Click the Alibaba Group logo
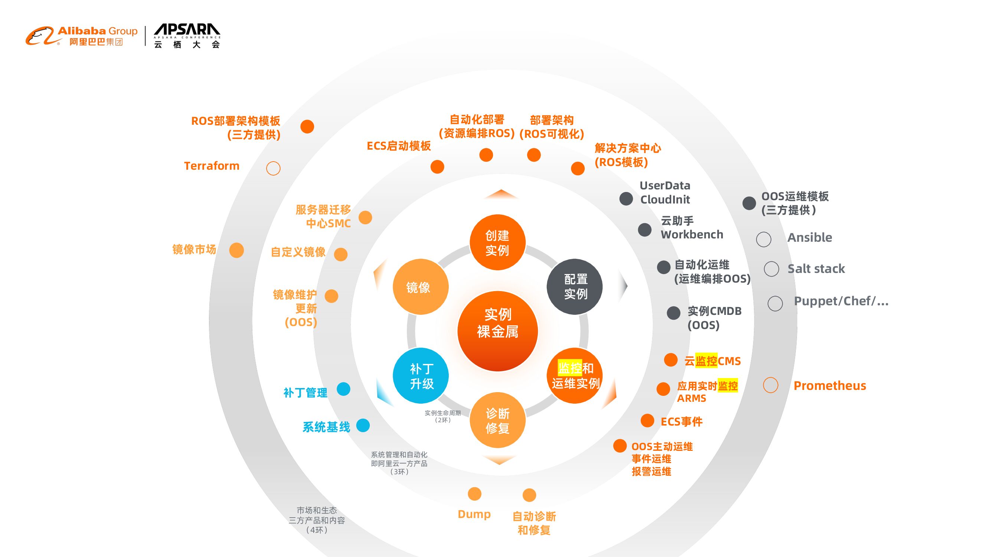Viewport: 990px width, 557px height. [81, 36]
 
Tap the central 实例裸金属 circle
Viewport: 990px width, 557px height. [497, 331]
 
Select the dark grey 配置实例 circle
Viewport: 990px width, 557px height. [575, 286]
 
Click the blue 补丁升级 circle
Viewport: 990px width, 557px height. [421, 375]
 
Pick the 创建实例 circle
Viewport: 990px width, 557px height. [497, 242]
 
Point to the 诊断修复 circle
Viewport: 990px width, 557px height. [497, 420]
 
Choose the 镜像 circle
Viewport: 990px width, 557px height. [421, 287]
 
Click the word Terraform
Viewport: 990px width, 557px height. [211, 166]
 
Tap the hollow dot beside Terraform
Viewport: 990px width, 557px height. [273, 168]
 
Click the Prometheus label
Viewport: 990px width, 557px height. [830, 385]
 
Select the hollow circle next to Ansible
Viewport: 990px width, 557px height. [763, 239]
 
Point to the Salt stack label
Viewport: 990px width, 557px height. [816, 269]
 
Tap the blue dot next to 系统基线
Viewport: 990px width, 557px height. [363, 426]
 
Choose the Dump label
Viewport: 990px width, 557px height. [474, 514]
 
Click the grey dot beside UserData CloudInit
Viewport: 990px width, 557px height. [626, 199]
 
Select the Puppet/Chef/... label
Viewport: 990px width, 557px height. [841, 301]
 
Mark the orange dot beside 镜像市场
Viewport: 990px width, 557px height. [236, 250]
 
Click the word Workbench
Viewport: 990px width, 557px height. [692, 234]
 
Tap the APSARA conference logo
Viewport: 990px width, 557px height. [187, 36]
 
